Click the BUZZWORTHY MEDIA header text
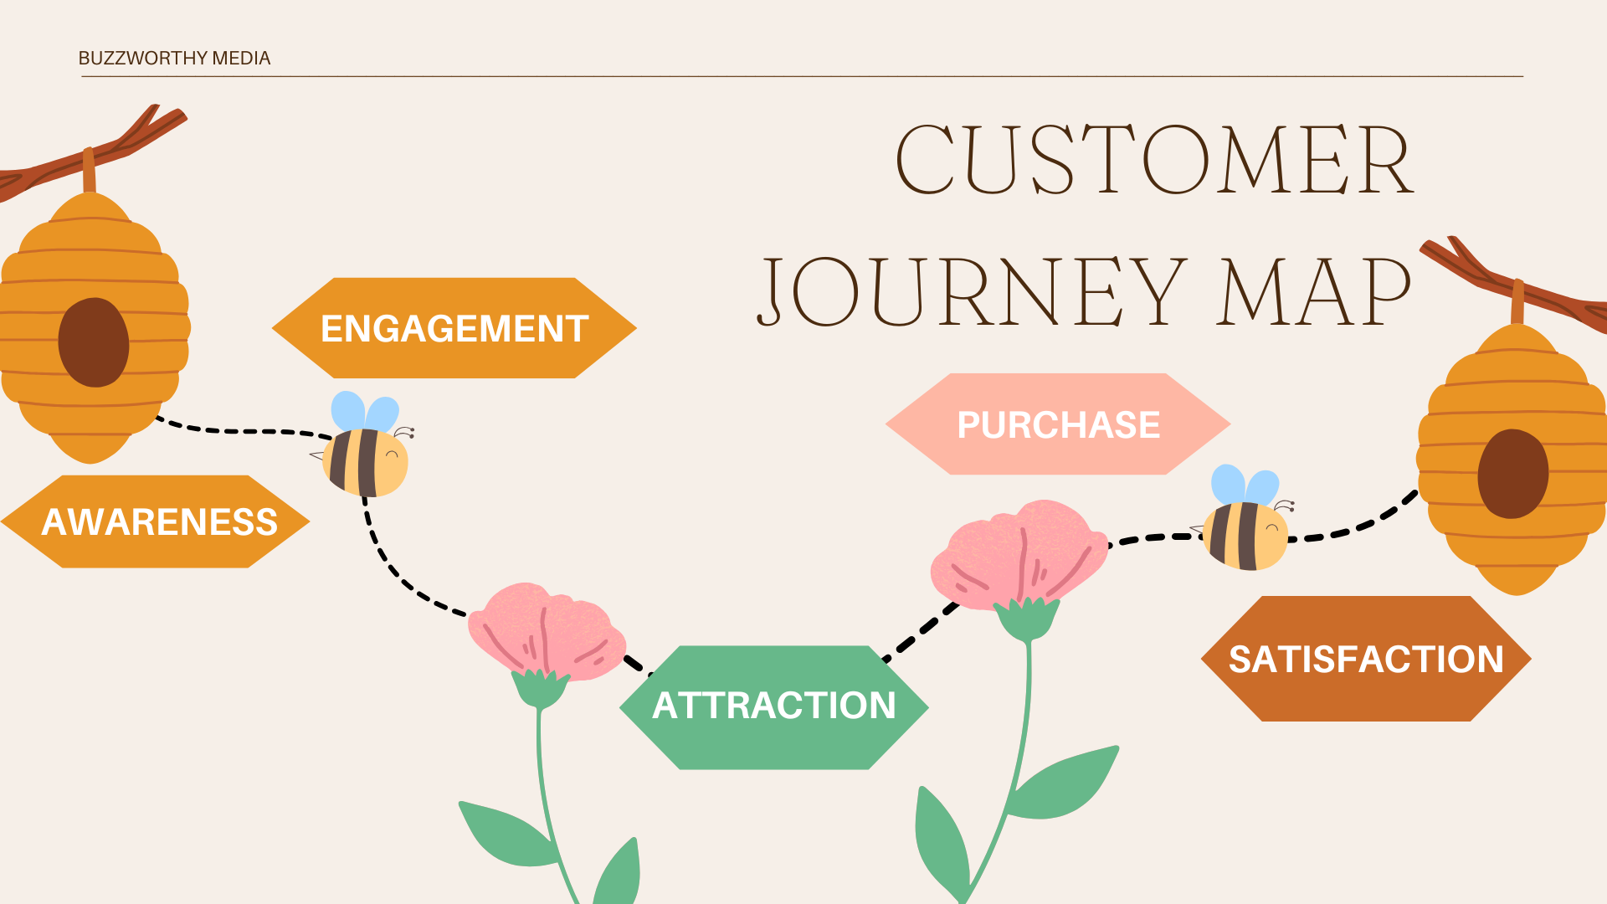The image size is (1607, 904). coord(174,58)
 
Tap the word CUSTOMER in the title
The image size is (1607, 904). coord(1153,160)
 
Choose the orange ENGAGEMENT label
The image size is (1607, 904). coord(454,328)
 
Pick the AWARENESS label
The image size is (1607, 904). coord(158,521)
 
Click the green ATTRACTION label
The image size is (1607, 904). coord(773,706)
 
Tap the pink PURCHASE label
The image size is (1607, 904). coord(1058,424)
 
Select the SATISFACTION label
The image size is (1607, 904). coord(1366,659)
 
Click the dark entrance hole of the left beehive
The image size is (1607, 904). coord(94,342)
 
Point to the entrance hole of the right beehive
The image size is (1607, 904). coord(1512,474)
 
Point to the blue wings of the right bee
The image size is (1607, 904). coord(1245,485)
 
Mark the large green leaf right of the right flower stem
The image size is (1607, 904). coord(1067,783)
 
